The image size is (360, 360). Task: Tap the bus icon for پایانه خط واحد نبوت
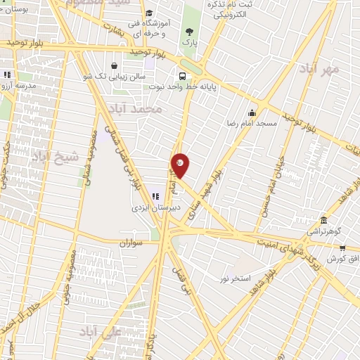pos(183,76)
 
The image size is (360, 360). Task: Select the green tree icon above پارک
pos(188,31)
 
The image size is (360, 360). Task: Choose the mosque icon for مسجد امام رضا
pos(252,112)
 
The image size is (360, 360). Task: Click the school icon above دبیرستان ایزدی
pos(155,196)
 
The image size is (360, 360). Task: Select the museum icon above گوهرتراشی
pos(323,220)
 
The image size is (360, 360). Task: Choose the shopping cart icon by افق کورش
pos(342,247)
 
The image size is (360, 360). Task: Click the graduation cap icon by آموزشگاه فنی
pos(148,13)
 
